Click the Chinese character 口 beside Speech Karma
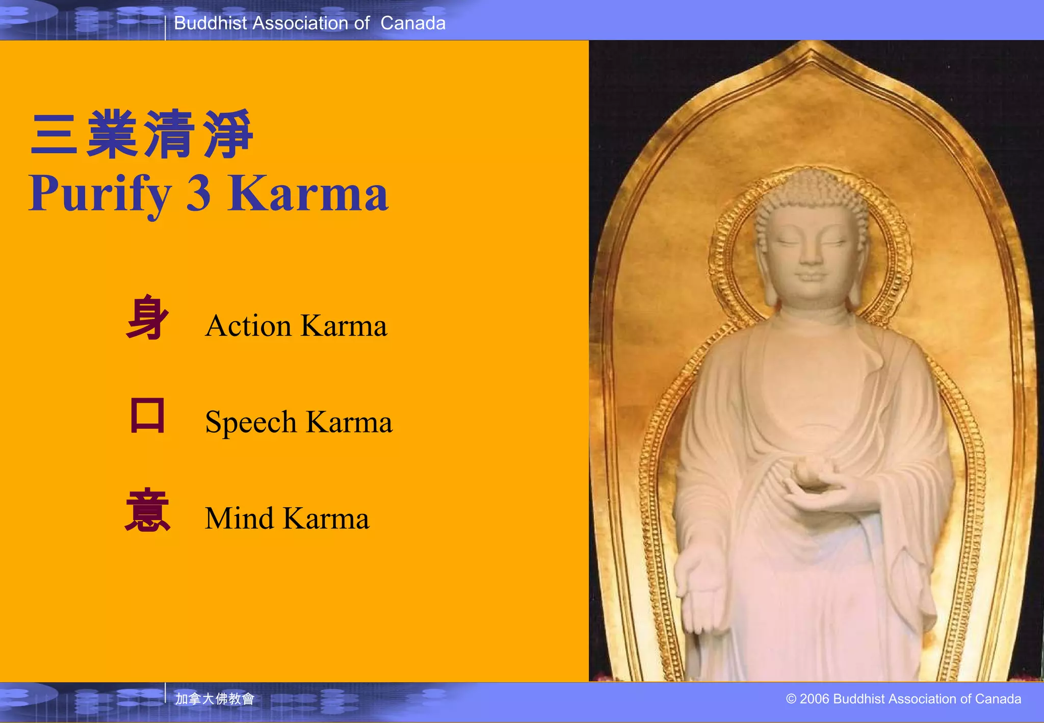tap(147, 415)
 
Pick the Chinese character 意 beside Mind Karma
tap(147, 510)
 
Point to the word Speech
tap(251, 422)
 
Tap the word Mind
tap(240, 518)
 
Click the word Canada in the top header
tap(413, 23)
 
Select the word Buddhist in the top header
tap(211, 23)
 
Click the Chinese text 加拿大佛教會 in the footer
tap(215, 699)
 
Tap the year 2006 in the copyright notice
tap(814, 699)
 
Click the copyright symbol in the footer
tap(791, 699)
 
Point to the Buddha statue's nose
tap(810, 255)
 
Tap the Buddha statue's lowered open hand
tap(701, 586)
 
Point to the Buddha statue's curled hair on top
tap(811, 191)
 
